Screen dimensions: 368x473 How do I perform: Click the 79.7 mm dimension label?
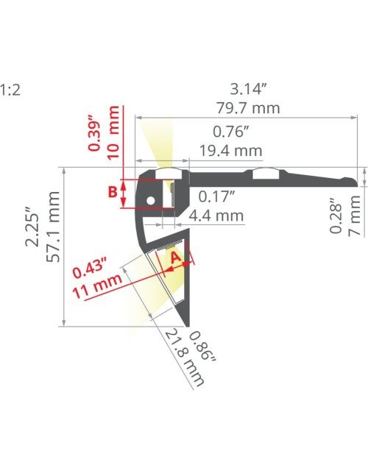tap(248, 108)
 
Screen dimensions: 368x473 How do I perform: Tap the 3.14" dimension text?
tap(249, 89)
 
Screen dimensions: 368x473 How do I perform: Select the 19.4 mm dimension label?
tap(230, 151)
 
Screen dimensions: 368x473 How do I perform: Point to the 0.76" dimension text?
tap(230, 132)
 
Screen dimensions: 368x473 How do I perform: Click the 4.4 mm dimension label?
tap(216, 216)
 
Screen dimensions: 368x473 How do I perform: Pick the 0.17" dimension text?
tap(216, 196)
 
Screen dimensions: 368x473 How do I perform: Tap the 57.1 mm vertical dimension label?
tap(54, 227)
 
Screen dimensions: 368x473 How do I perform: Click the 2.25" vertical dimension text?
tap(32, 227)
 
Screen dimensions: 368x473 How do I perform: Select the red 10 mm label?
tap(114, 133)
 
